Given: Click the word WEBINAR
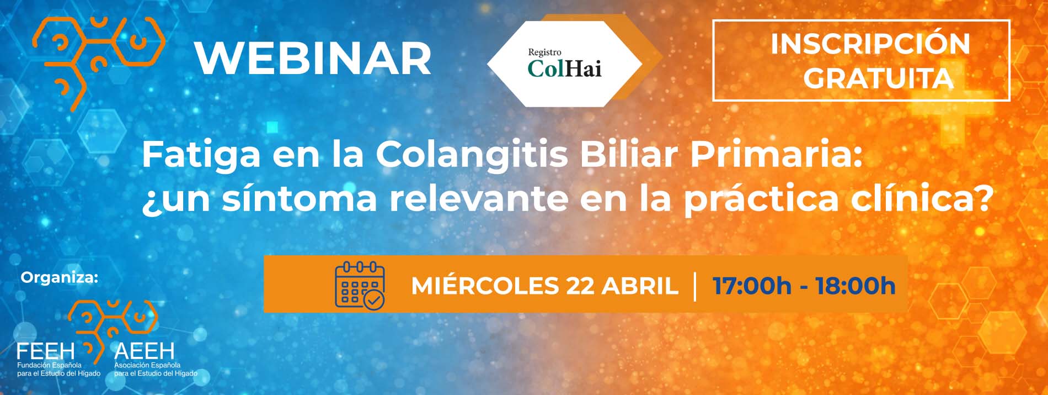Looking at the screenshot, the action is (313, 58).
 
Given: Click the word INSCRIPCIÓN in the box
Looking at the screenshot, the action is (870, 44).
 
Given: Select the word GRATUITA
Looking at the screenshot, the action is (878, 78).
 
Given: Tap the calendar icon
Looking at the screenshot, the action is (360, 285).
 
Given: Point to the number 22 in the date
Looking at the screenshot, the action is (580, 286).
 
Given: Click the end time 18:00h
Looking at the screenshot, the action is (855, 286).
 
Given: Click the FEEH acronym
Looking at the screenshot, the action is (46, 350).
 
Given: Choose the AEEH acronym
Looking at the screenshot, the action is (144, 350).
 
